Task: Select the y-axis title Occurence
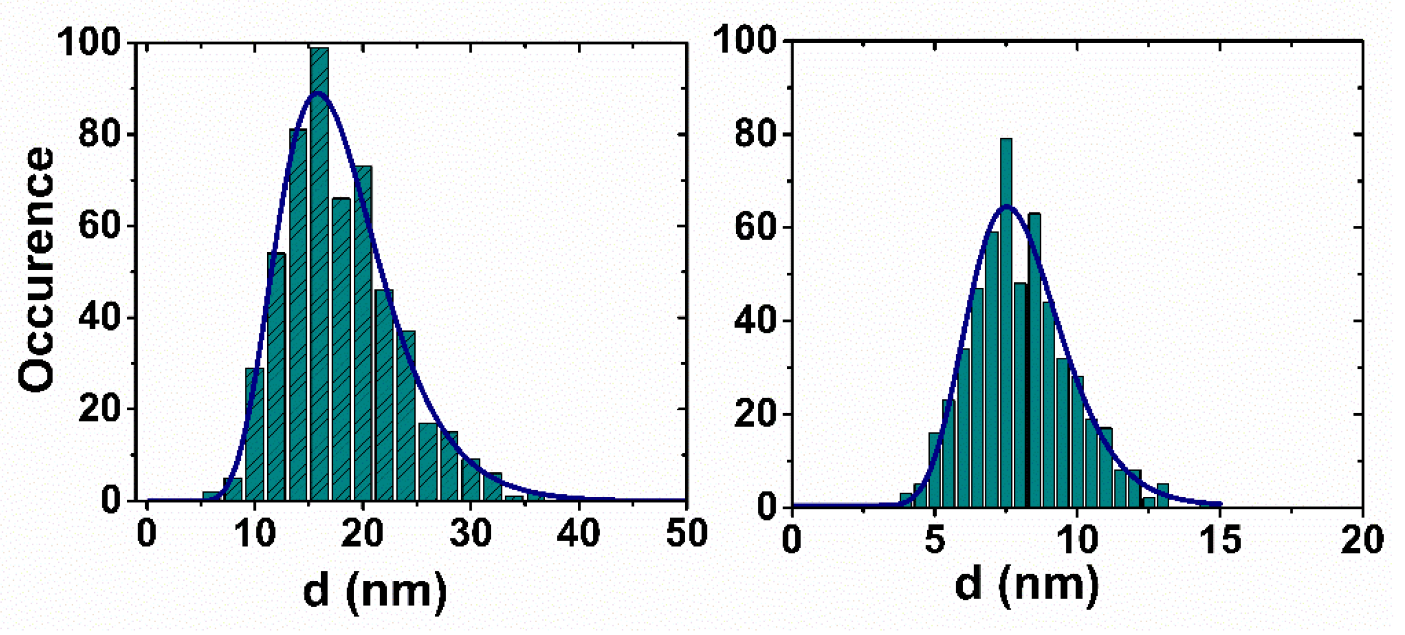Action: coord(36,269)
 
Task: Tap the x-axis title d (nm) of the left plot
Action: coord(375,591)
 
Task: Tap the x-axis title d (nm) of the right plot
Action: coord(1026,585)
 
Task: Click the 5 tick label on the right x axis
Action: coord(934,539)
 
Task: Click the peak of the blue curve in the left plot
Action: coord(317,93)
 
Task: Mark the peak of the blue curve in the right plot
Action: coord(1007,207)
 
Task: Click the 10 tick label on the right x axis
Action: coord(1078,539)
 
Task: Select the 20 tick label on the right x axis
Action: coord(1363,539)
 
